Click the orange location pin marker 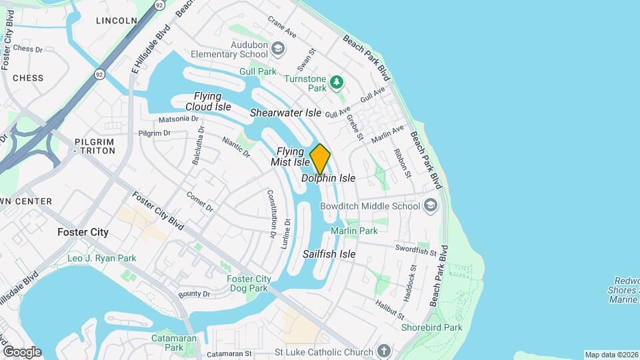tap(320, 159)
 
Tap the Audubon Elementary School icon tap(279, 49)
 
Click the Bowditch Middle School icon tap(431, 205)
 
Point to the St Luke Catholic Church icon tap(383, 351)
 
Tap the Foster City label tap(83, 232)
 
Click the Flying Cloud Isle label tap(208, 101)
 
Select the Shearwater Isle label tap(285, 113)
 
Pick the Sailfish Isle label tap(329, 254)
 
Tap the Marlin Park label tap(359, 231)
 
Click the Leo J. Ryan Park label tap(101, 258)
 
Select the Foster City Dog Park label tap(248, 283)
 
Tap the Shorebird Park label tap(431, 327)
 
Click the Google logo tap(22, 351)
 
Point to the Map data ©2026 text tap(611, 355)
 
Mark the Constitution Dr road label tap(272, 214)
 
